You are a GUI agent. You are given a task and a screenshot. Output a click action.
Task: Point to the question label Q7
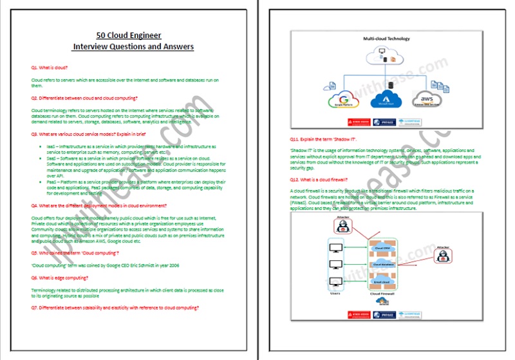pos(35,308)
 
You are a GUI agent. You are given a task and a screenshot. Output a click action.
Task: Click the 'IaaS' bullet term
pos(51,146)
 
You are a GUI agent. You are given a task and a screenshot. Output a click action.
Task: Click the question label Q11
pos(296,139)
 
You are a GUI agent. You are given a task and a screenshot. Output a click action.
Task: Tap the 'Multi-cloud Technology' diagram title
pos(386,39)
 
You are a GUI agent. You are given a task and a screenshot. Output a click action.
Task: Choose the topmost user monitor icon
pos(334,249)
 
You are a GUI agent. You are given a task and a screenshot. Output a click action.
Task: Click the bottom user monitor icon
pos(334,281)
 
